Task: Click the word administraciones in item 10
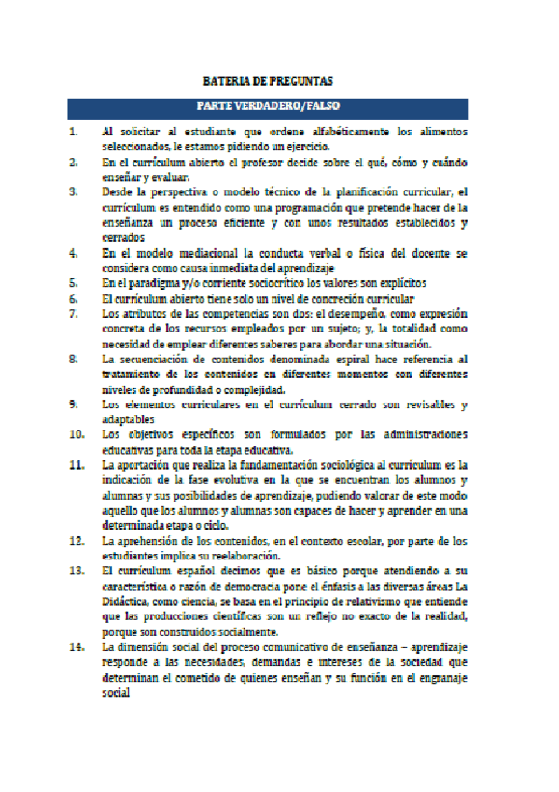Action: (419, 434)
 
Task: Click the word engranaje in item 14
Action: (438, 679)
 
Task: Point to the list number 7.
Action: (73, 313)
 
